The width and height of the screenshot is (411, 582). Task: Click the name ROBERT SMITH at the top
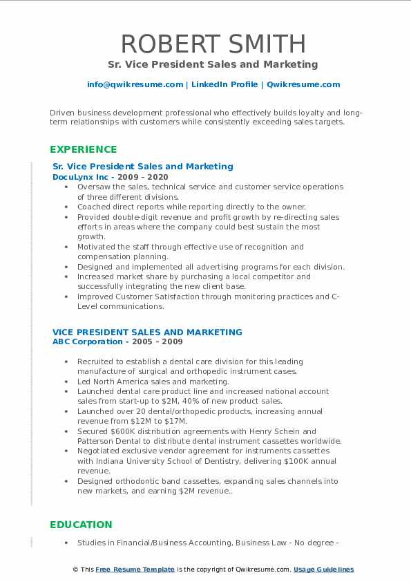[x=213, y=44]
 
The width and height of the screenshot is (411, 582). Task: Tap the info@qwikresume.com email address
[x=135, y=84]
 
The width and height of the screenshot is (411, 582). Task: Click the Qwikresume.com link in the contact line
[x=303, y=84]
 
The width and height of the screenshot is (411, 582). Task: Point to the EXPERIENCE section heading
[x=84, y=149]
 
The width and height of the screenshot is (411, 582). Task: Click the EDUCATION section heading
[x=81, y=525]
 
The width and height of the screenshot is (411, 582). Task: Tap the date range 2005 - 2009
[x=160, y=341]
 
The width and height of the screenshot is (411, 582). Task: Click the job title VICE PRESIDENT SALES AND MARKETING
[x=147, y=332]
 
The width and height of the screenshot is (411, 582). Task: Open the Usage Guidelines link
[x=323, y=570]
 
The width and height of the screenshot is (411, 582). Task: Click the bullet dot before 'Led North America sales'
[x=66, y=382]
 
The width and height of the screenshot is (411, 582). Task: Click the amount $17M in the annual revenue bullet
[x=177, y=421]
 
